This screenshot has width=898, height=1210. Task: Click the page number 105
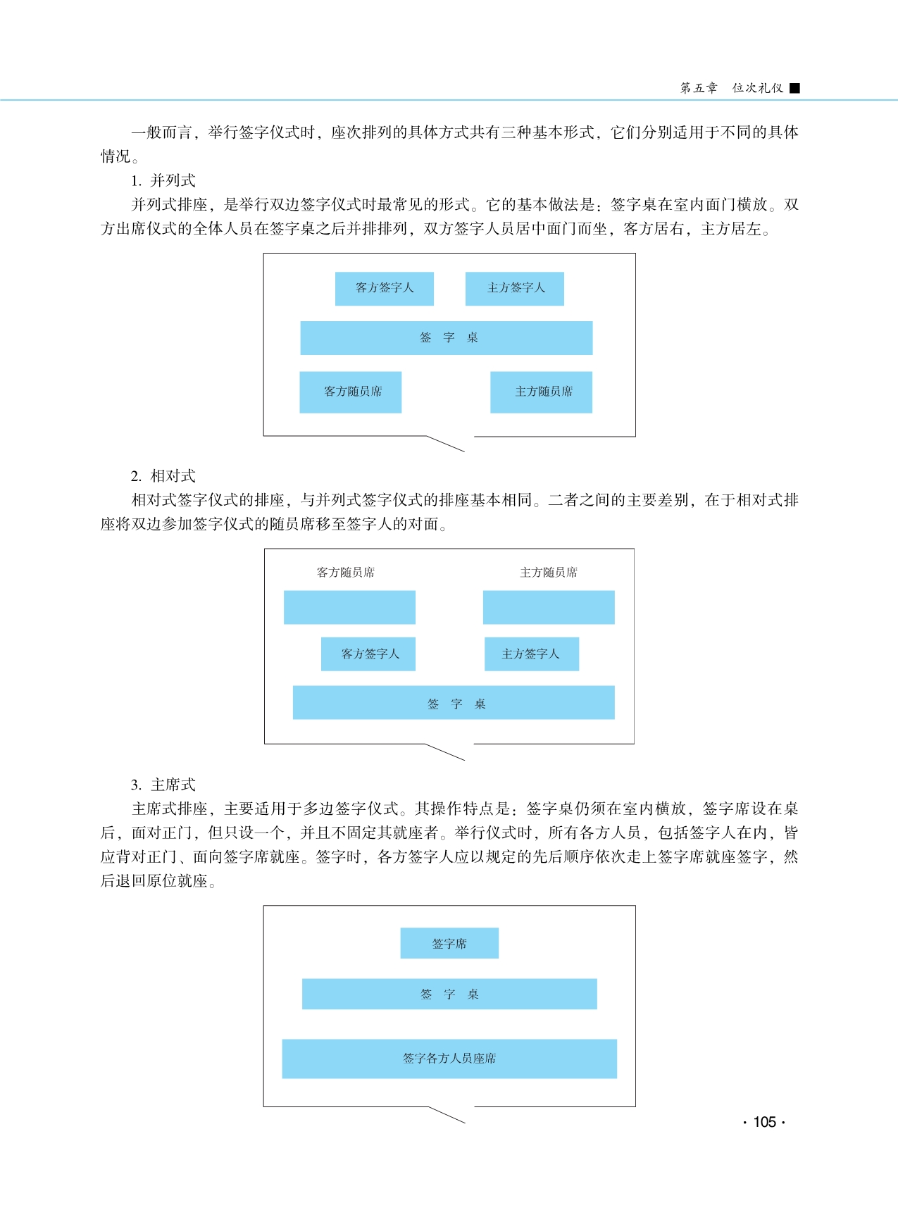click(x=764, y=1122)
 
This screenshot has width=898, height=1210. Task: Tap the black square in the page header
click(x=794, y=88)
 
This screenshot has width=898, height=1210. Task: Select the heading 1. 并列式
click(x=163, y=180)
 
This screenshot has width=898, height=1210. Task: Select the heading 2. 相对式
click(x=163, y=476)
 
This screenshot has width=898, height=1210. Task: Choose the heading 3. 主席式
click(x=163, y=785)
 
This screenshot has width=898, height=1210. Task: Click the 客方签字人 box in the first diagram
click(x=385, y=288)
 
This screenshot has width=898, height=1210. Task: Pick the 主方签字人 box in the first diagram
click(x=515, y=288)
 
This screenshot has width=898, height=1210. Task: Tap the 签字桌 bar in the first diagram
click(x=447, y=338)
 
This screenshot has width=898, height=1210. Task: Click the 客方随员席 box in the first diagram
click(x=351, y=392)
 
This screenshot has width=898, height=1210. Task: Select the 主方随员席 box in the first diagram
click(x=541, y=392)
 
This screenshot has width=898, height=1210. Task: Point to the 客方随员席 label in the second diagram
click(x=346, y=573)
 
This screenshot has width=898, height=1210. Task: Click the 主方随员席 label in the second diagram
click(x=549, y=573)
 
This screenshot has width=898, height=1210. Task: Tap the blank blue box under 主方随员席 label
click(x=549, y=607)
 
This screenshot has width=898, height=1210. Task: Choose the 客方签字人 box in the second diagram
click(x=368, y=654)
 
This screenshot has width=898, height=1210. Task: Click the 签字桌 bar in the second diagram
click(x=454, y=703)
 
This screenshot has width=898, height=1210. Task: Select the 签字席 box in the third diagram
click(x=449, y=943)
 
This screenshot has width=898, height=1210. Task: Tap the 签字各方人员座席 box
click(x=449, y=1059)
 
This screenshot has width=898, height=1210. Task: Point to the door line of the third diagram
click(x=447, y=1115)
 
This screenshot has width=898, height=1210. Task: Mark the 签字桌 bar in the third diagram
click(x=449, y=994)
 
